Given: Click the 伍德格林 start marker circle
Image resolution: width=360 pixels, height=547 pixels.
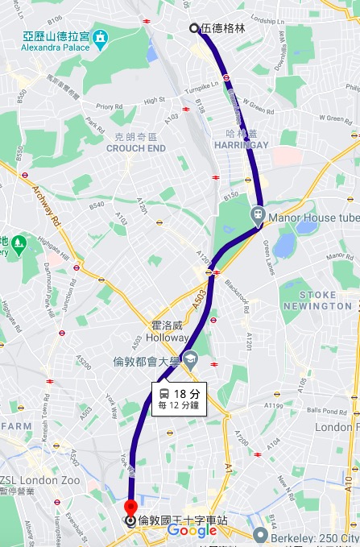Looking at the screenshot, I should click(x=194, y=28).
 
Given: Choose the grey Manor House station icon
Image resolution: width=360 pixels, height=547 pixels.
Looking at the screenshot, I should click(x=258, y=214).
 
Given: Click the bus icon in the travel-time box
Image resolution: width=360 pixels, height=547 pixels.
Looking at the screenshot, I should click(x=163, y=394).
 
